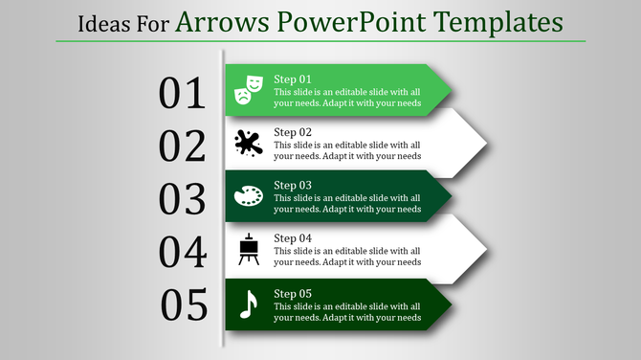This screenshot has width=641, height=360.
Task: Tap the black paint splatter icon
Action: pyautogui.click(x=248, y=143)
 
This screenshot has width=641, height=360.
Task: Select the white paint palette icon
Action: pyautogui.click(x=248, y=195)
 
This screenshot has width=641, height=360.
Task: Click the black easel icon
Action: pyautogui.click(x=248, y=249)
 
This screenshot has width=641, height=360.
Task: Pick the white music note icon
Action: pyautogui.click(x=248, y=304)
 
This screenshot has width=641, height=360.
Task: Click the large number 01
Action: pyautogui.click(x=183, y=94)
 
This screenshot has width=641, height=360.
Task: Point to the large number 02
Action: pyautogui.click(x=183, y=146)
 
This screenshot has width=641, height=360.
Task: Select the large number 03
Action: pyautogui.click(x=183, y=200)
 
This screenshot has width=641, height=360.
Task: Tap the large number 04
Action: pyautogui.click(x=183, y=253)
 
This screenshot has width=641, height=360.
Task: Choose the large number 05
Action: pyautogui.click(x=184, y=306)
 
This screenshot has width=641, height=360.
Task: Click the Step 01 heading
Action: pyautogui.click(x=293, y=79)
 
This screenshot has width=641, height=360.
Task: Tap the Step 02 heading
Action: pyautogui.click(x=293, y=132)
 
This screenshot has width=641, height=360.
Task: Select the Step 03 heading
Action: pyautogui.click(x=293, y=185)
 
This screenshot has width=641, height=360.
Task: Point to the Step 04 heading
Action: pyautogui.click(x=293, y=238)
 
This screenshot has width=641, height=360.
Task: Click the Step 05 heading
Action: pyautogui.click(x=293, y=293)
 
